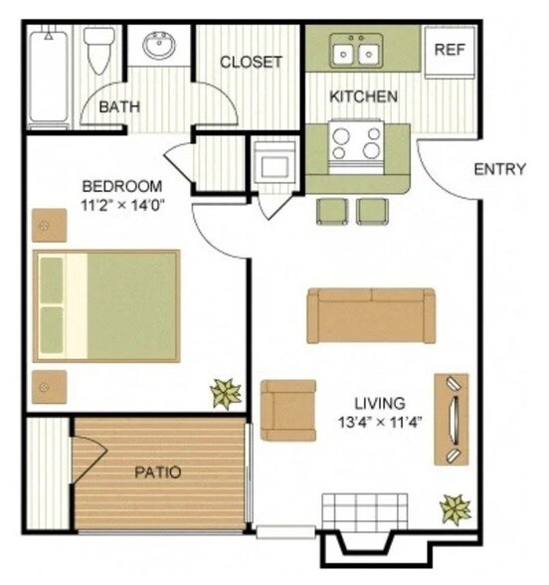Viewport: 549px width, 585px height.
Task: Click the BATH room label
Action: click(x=120, y=106)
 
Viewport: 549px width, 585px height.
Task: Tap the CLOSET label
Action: click(x=251, y=62)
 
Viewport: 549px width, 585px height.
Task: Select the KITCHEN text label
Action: click(x=365, y=97)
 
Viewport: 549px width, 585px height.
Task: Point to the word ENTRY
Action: click(x=498, y=169)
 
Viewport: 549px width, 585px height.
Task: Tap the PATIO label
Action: click(x=158, y=472)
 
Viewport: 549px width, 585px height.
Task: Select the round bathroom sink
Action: click(x=159, y=46)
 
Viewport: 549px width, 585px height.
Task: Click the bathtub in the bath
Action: click(x=48, y=78)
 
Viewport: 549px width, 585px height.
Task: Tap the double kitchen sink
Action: click(x=355, y=50)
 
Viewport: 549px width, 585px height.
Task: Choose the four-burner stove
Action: click(x=357, y=140)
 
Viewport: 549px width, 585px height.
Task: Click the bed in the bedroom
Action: click(x=106, y=305)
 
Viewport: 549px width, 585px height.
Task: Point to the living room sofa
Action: click(x=371, y=315)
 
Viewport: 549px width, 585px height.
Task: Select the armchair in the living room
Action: click(x=288, y=409)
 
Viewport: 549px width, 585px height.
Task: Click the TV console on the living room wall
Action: click(x=452, y=419)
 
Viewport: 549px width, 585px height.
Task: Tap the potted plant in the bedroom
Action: click(x=225, y=393)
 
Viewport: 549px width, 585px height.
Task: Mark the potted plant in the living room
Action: click(x=456, y=509)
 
